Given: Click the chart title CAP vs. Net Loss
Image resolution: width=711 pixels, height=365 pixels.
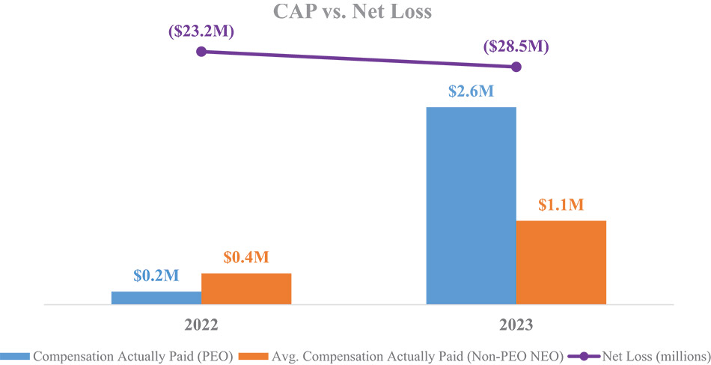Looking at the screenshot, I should point(355,12).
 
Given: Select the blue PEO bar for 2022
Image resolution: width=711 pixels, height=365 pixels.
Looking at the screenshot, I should point(156,298).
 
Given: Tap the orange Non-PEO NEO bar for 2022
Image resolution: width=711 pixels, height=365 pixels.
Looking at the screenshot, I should point(246,289).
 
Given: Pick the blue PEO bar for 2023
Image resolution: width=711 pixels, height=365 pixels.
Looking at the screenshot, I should point(471,205).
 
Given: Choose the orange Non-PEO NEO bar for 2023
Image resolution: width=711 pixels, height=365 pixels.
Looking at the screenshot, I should point(561,262).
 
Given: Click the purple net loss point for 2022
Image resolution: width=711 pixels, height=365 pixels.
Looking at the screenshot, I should point(201,52).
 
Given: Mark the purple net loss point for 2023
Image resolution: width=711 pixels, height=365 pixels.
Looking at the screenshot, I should point(515,67).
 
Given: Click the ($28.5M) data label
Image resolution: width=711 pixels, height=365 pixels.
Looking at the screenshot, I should point(516,46).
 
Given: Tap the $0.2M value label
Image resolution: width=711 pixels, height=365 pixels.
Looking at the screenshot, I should point(156,276).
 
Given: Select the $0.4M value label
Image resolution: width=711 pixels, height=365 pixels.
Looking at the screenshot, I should point(246,258).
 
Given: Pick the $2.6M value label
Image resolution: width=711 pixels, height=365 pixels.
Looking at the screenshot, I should point(471,91).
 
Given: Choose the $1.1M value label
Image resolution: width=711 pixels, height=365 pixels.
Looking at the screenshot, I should point(561,205).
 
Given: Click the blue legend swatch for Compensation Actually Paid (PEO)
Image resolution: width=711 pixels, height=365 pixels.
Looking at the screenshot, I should point(16,355).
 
